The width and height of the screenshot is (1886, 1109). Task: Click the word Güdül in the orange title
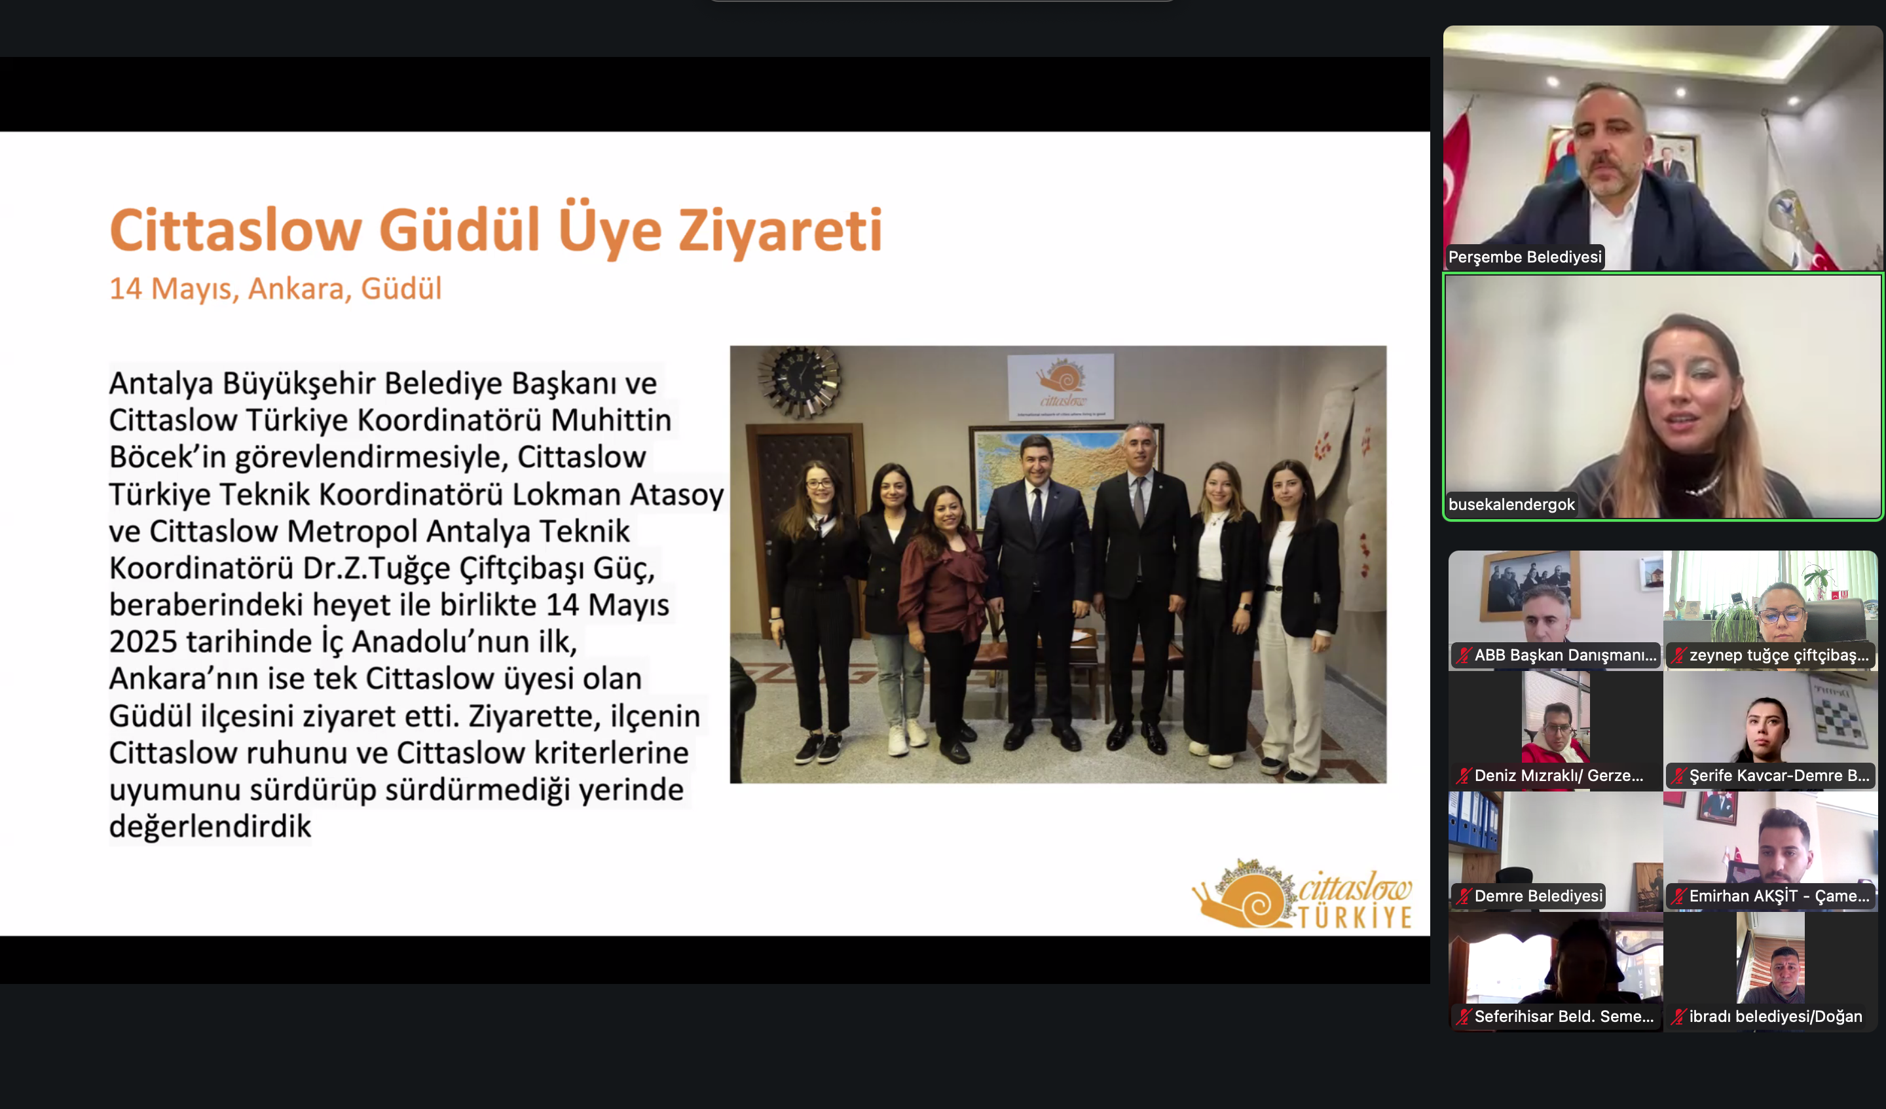click(x=460, y=229)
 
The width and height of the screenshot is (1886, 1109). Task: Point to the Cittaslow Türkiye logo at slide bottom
click(x=1303, y=895)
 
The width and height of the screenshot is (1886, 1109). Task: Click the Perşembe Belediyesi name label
click(x=1525, y=257)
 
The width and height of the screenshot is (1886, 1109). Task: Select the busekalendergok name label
click(x=1512, y=504)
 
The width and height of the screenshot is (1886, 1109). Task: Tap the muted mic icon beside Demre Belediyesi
click(x=1463, y=896)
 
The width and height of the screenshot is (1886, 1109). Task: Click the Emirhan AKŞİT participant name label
click(x=1779, y=896)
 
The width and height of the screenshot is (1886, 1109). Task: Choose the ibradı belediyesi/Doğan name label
click(x=1775, y=1016)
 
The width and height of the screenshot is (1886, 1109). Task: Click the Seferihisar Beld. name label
click(x=1564, y=1016)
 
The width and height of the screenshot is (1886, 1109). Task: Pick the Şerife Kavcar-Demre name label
click(x=1779, y=775)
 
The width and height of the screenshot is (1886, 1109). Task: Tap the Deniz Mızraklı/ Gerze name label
click(x=1559, y=775)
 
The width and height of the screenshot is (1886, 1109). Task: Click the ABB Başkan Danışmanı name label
click(x=1565, y=655)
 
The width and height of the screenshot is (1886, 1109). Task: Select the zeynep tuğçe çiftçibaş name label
click(x=1779, y=655)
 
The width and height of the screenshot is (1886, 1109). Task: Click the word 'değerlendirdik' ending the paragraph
click(x=210, y=826)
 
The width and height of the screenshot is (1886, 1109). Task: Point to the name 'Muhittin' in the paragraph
click(x=611, y=420)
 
